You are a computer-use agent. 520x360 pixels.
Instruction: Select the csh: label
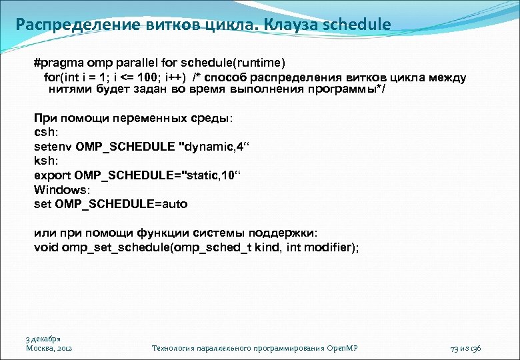[x=45, y=132]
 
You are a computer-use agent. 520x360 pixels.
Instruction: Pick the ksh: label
[x=45, y=161]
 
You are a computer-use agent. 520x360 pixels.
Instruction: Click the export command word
[x=52, y=176]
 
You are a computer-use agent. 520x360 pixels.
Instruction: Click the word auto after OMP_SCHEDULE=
[x=173, y=204]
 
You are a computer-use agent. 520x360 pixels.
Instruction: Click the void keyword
[x=46, y=247]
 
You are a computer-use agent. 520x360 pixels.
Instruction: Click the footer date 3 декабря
[x=43, y=339]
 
